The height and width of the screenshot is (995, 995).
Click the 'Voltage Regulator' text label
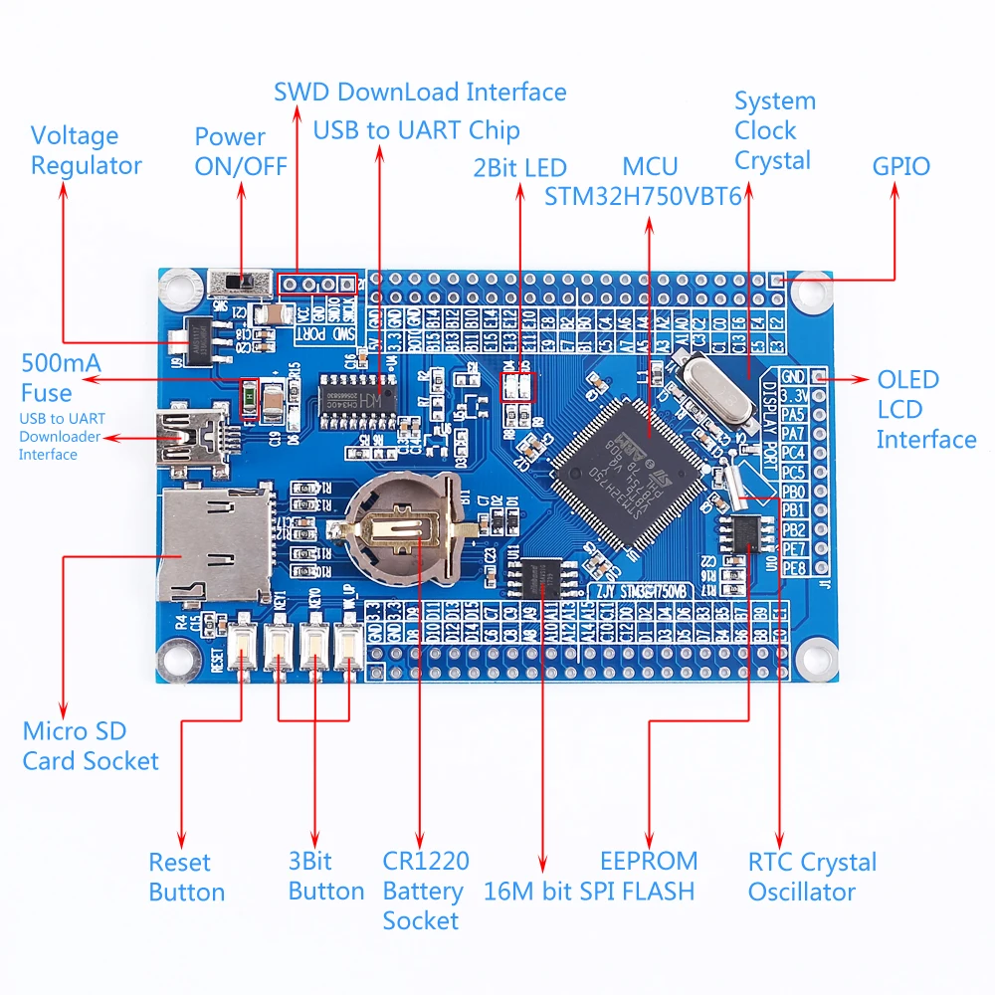coord(87,150)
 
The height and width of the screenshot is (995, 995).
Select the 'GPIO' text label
coord(900,166)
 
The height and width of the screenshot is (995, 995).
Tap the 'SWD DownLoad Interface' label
coord(420,93)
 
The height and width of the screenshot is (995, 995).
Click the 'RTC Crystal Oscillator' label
coord(812,876)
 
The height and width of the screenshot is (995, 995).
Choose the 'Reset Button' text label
coord(186,876)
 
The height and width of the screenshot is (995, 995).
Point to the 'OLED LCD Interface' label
coord(925,409)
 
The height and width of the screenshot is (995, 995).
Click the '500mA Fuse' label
coord(61,377)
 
